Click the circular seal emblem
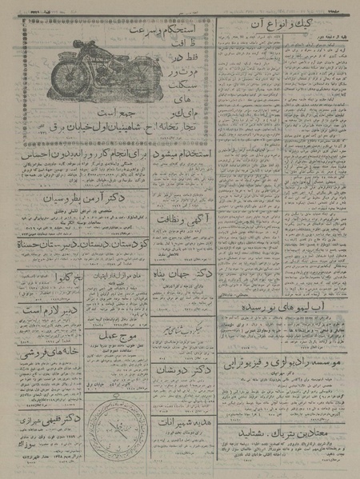point(121,428)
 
